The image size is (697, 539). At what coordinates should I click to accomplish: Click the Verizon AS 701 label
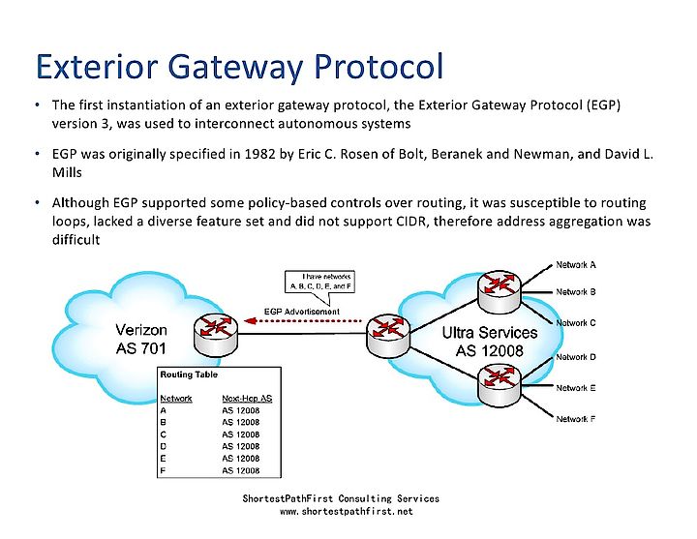(147, 338)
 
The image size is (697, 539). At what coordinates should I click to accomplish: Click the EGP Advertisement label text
(301, 311)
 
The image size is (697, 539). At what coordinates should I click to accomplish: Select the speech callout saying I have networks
(320, 282)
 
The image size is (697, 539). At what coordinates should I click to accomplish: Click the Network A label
(575, 264)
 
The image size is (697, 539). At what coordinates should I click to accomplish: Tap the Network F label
(575, 419)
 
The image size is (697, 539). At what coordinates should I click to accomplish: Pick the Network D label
(575, 357)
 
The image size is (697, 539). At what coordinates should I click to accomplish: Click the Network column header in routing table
(175, 398)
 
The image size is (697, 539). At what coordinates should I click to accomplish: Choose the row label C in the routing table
(162, 434)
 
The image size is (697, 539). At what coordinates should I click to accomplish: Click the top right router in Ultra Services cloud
(500, 281)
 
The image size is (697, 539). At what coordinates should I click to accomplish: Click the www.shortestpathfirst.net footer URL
(346, 510)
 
